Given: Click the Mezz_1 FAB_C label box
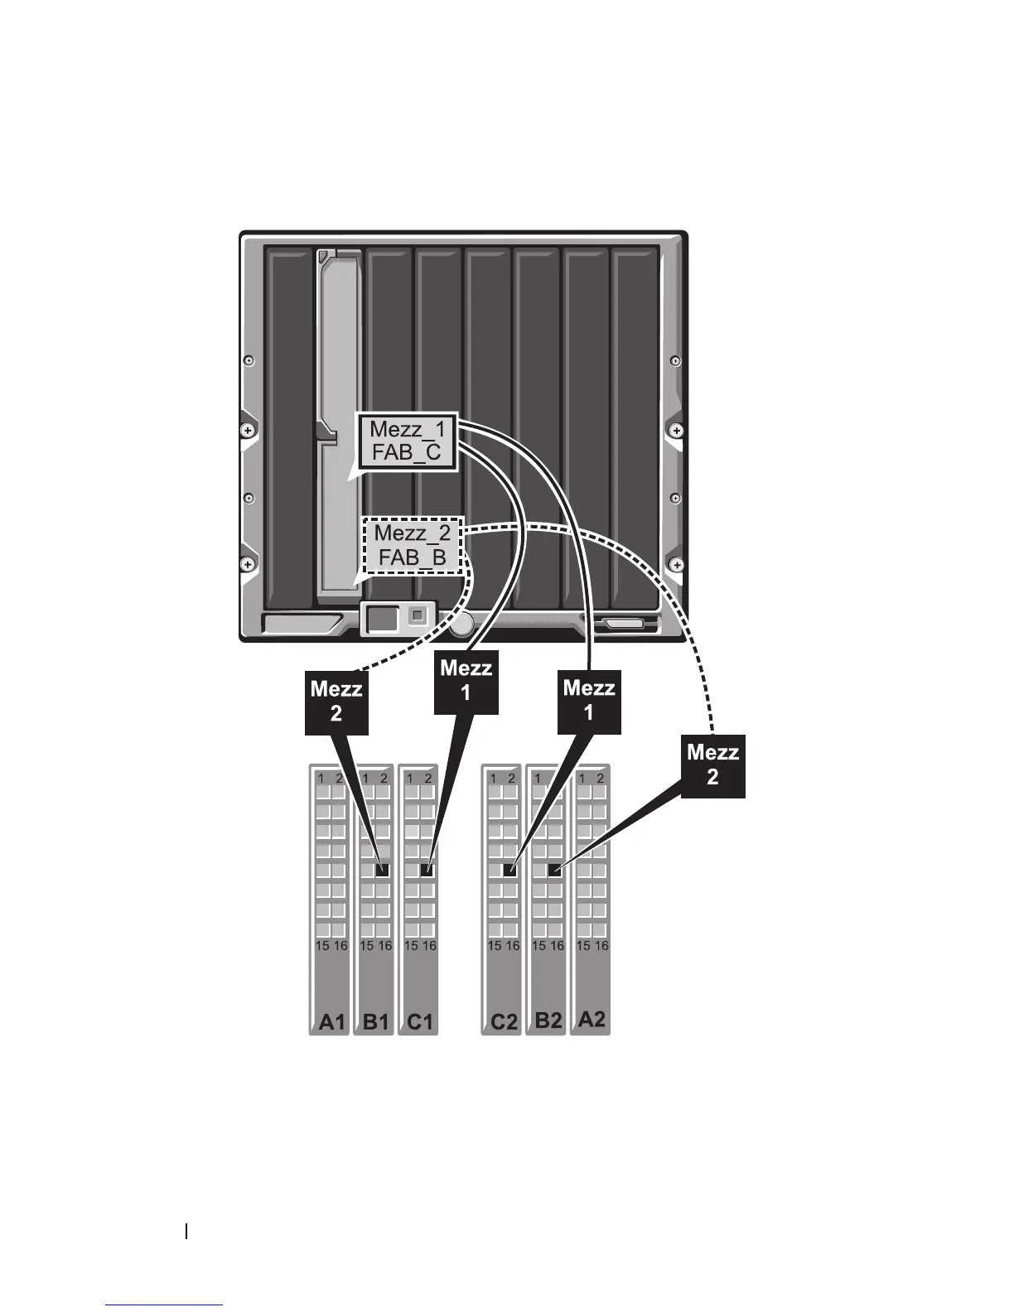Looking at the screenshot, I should pyautogui.click(x=408, y=441).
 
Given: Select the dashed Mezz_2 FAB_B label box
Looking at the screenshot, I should pyautogui.click(x=413, y=545).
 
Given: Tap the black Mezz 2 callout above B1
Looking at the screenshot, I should pyautogui.click(x=336, y=701).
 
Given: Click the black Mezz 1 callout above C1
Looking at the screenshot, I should pyautogui.click(x=466, y=680).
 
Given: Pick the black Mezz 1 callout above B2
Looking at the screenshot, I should pyautogui.click(x=589, y=700).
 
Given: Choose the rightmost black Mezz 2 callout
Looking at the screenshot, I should pyautogui.click(x=712, y=765).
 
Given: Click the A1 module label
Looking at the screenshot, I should pyautogui.click(x=331, y=1022).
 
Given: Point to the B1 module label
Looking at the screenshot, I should pyautogui.click(x=376, y=1022).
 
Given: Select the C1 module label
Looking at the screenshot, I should pyautogui.click(x=420, y=1022).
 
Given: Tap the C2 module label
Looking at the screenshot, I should pyautogui.click(x=504, y=1022).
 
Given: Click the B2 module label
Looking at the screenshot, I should pyautogui.click(x=548, y=1020).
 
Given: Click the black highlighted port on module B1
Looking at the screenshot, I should pyautogui.click(x=383, y=870).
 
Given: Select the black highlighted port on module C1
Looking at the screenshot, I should pyautogui.click(x=427, y=870).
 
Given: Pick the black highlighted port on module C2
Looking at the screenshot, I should pyautogui.click(x=510, y=870).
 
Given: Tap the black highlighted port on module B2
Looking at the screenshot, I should pyautogui.click(x=555, y=870).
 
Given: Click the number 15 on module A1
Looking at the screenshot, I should pyautogui.click(x=322, y=945).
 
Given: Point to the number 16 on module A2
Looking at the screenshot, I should pyautogui.click(x=601, y=945).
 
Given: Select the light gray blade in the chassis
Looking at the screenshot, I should pyautogui.click(x=337, y=422).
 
